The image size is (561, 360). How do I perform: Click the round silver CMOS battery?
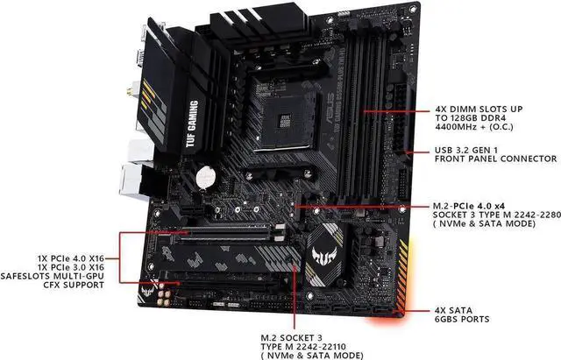(206, 177)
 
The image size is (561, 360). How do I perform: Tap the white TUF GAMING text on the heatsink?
(192, 124)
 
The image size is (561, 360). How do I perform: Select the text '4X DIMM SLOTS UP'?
(479, 109)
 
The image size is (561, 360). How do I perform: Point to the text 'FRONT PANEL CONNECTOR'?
(496, 159)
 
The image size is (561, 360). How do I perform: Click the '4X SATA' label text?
(453, 310)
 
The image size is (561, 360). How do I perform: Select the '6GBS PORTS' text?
(462, 319)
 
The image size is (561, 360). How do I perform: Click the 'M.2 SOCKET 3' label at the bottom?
(291, 338)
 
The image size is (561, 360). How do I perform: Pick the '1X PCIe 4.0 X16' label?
(71, 258)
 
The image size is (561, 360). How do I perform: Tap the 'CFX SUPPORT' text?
(74, 285)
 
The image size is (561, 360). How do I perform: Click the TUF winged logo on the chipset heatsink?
(324, 255)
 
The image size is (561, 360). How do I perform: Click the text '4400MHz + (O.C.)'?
(474, 127)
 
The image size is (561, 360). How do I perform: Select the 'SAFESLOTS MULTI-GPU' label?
(53, 276)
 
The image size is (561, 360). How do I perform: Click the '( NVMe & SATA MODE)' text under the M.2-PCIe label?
(484, 223)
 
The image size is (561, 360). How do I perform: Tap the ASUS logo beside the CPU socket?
(330, 108)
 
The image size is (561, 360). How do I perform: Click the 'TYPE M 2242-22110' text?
(303, 347)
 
